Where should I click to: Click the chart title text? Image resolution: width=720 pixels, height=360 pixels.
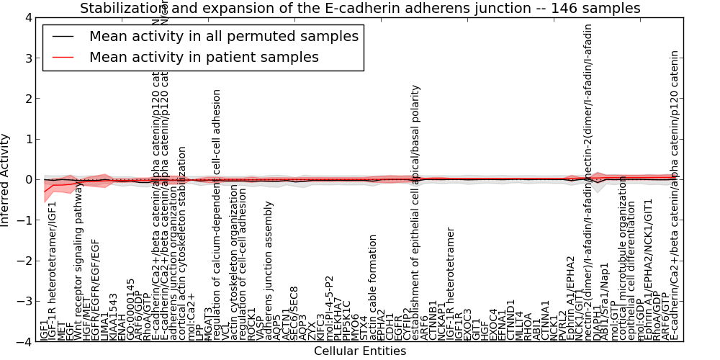tap(360, 8)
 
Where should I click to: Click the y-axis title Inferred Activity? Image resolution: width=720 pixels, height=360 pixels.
tap(6, 179)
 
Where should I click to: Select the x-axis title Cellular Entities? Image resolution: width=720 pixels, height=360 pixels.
tap(360, 351)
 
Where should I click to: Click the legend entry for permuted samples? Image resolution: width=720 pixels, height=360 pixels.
tap(223, 36)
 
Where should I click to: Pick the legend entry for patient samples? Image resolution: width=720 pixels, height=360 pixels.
tap(204, 57)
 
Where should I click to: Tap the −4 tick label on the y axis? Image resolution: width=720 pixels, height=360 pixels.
tap(23, 342)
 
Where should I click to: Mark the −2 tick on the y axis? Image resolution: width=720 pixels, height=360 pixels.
tap(23, 261)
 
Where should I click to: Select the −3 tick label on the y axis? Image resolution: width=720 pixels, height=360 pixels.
tap(23, 302)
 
